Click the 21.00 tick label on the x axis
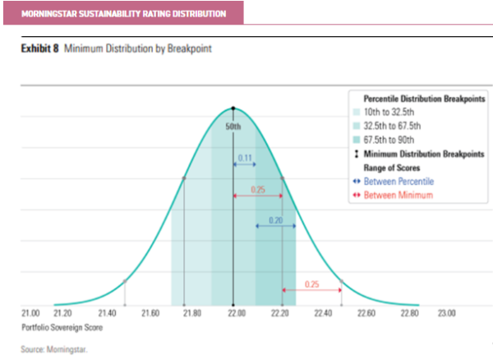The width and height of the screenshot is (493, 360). point(30,313)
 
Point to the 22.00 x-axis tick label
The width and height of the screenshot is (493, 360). point(237,313)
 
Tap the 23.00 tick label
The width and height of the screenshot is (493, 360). point(446,313)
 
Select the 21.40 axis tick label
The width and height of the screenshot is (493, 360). point(106,313)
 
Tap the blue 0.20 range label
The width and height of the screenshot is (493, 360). point(276,221)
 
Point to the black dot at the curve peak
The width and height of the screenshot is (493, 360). point(233,108)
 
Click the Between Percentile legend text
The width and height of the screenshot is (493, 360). point(401,181)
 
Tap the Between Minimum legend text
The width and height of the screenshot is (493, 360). point(399,195)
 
